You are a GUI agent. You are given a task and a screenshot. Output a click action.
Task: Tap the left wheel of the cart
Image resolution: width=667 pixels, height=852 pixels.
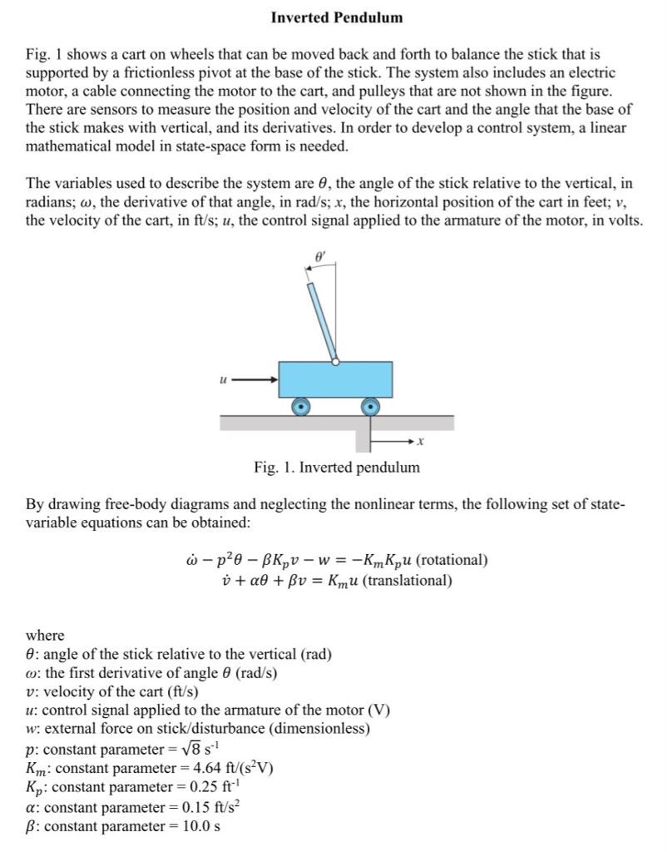[300, 407]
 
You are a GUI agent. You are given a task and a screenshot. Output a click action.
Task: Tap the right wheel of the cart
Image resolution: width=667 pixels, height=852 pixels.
[370, 407]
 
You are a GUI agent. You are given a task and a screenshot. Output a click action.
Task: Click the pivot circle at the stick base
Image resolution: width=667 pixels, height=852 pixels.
[335, 362]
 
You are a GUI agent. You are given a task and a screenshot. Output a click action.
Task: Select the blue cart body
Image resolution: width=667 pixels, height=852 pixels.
[335, 380]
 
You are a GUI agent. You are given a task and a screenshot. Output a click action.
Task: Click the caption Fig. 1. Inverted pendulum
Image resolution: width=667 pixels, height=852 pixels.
[337, 468]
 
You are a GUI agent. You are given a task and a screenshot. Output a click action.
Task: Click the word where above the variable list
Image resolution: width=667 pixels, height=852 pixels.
[45, 635]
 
